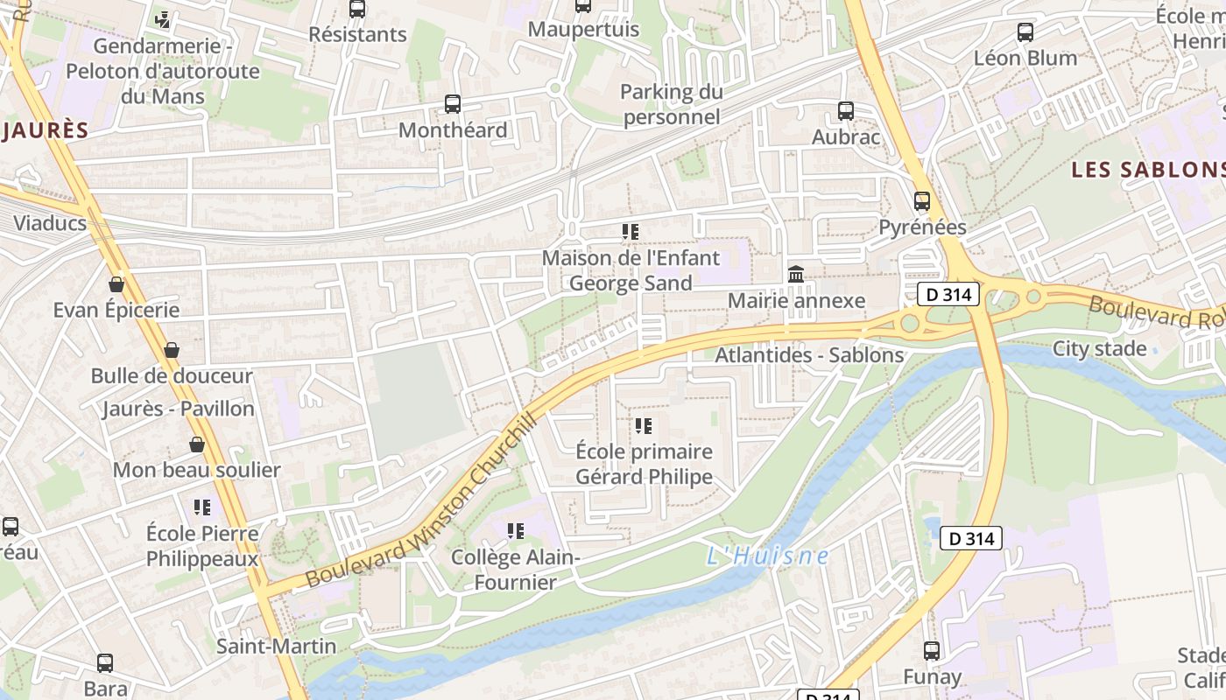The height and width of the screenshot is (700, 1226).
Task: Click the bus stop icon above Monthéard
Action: [453, 104]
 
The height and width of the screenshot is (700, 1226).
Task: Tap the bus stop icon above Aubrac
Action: [845, 111]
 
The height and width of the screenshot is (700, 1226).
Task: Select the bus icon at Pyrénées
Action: [922, 201]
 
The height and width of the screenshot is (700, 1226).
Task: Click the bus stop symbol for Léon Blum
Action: [1025, 32]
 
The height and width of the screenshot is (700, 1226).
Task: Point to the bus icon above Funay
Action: [932, 651]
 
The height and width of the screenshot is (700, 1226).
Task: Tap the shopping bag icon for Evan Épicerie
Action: [116, 284]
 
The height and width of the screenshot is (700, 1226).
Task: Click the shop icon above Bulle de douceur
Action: [172, 350]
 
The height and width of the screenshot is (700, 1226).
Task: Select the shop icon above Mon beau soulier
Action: [197, 444]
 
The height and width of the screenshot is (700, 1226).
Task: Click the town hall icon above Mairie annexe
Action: [796, 275]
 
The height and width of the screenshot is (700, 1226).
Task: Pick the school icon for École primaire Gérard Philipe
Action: [644, 426]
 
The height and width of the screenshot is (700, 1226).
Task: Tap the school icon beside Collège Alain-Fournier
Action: [516, 531]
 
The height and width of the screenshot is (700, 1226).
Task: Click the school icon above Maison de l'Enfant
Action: [631, 232]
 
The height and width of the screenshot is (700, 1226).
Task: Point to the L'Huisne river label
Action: [767, 556]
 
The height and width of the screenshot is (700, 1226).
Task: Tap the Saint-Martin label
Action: [276, 647]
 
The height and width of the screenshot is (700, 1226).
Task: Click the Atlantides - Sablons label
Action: [809, 355]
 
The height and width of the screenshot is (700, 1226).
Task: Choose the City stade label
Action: [1099, 349]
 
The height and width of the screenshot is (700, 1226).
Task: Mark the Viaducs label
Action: [50, 223]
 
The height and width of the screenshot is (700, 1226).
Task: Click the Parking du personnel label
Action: [672, 104]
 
